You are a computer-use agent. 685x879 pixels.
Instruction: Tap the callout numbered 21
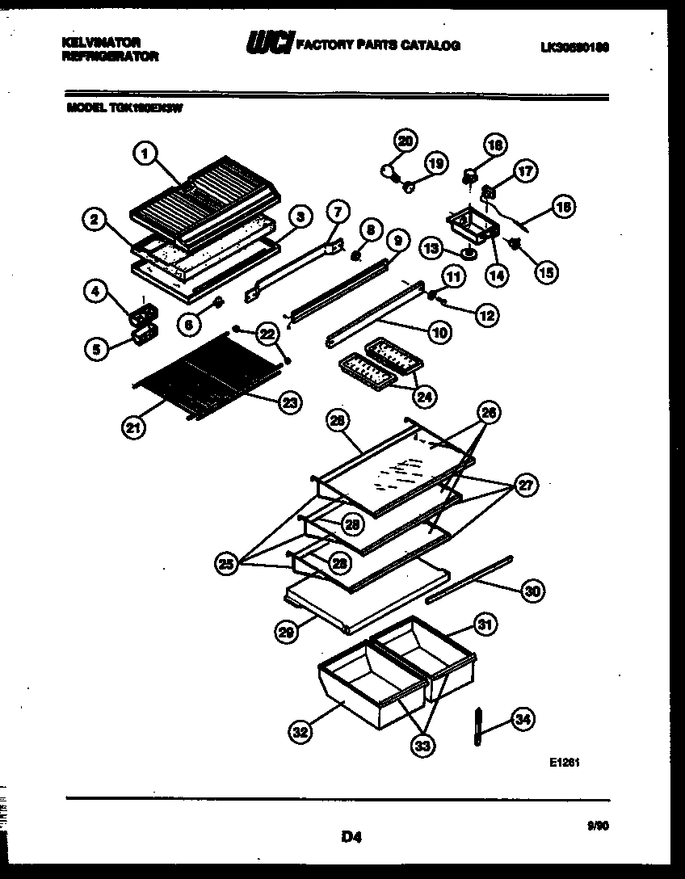coord(136,428)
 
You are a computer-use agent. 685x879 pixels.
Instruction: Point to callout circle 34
coord(523,719)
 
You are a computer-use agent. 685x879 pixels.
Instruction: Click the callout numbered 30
coord(531,591)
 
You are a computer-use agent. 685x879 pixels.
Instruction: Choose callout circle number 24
coord(423,396)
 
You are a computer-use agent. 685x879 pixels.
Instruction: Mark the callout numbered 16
coord(563,208)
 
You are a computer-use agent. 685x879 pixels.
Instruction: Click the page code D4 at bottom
coord(350,838)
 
